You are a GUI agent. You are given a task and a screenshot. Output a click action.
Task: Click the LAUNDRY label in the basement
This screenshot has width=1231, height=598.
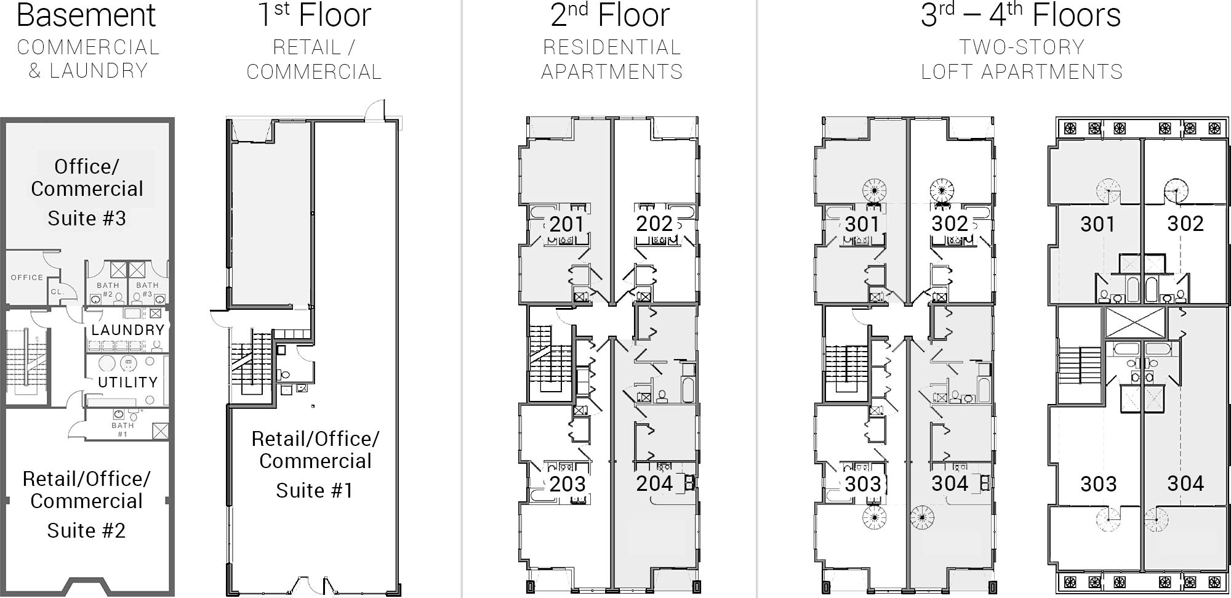pos(127,329)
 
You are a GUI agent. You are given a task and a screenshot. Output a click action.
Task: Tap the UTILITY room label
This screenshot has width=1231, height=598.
pos(127,382)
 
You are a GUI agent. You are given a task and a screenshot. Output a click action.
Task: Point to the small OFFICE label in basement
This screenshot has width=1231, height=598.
pos(27,278)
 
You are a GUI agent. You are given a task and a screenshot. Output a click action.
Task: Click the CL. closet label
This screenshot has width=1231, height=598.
pos(57,291)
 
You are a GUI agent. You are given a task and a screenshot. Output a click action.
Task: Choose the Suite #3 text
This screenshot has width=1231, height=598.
pos(87,218)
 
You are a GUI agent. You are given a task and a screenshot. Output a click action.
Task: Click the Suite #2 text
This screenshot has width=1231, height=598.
pos(86,530)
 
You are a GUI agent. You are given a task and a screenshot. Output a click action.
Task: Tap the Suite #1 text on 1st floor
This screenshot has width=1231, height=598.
pos(315,490)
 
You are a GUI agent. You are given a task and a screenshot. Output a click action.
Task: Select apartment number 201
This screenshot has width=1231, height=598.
pos(566,224)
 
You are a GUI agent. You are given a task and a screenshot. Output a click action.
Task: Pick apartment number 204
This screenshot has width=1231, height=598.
pos(654,483)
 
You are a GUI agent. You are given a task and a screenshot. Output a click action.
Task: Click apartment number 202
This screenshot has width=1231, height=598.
pos(654,224)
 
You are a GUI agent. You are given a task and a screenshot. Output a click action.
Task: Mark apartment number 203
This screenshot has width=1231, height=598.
pos(567,484)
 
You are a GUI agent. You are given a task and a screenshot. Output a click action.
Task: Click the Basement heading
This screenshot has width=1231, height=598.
pos(86,15)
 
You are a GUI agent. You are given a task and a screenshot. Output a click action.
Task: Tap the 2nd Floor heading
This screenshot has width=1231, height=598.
pos(609,15)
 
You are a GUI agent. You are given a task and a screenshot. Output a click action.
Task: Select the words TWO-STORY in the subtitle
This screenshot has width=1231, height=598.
pos(1022,47)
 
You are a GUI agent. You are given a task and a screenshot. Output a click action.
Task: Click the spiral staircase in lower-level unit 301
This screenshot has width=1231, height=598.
pos(874,190)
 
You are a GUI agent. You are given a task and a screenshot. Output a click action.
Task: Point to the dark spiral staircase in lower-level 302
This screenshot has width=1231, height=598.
pos(941,190)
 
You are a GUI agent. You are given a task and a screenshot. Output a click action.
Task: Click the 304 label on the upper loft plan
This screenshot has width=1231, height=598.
pos(1185,483)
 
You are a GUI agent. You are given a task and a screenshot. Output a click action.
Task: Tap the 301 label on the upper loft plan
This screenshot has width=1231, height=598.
pos(1097,224)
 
